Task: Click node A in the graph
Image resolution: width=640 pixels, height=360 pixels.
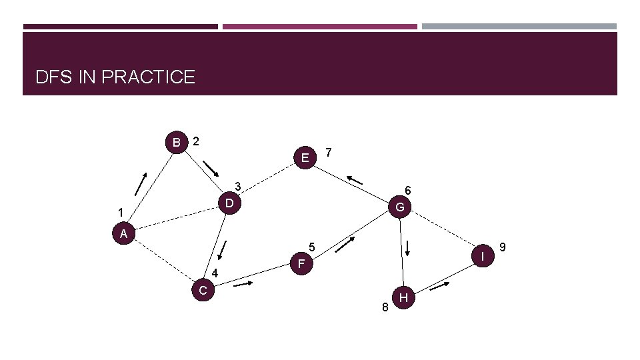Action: [x=124, y=234]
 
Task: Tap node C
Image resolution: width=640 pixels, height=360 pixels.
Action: [x=203, y=290]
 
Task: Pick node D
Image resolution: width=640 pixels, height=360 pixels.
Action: [x=229, y=201]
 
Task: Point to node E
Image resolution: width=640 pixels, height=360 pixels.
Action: [x=305, y=158]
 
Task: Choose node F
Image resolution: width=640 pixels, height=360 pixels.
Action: [x=301, y=264]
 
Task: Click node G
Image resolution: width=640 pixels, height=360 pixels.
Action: [x=400, y=207]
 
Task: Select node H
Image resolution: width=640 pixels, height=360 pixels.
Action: [x=403, y=297]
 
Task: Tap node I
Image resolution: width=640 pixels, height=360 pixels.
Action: [x=481, y=255]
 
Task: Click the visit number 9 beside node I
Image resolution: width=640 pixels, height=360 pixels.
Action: [x=503, y=248]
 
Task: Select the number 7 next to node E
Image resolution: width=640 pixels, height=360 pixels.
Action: [x=328, y=153]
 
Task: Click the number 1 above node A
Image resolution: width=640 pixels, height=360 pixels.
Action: [x=120, y=213]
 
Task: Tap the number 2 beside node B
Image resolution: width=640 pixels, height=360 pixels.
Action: [x=196, y=141]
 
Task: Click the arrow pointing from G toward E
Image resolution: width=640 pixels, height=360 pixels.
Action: [x=355, y=179]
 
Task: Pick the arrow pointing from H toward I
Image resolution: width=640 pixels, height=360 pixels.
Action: [x=440, y=287]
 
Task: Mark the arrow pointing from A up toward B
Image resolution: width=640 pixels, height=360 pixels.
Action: [x=141, y=183]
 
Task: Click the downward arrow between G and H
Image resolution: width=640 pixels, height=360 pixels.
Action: [x=407, y=247]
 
